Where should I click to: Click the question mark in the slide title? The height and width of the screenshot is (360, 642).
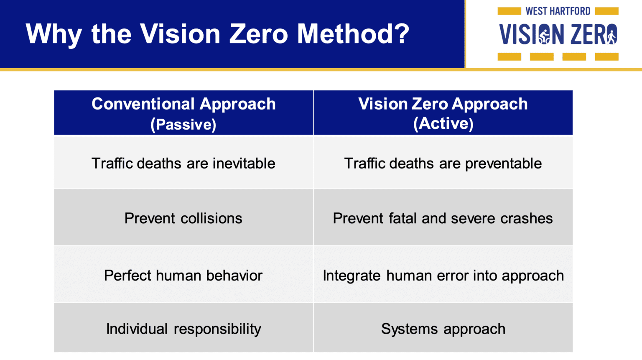[401, 33]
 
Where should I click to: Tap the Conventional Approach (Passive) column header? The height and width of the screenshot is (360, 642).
[183, 113]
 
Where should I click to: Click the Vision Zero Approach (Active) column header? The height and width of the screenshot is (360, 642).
[443, 113]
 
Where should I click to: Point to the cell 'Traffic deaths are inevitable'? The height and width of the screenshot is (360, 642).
[183, 163]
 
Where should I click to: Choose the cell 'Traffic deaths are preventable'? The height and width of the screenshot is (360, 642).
[443, 163]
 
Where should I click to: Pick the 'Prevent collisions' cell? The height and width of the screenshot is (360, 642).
[183, 218]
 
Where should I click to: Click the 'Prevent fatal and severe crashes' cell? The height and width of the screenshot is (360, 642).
[443, 218]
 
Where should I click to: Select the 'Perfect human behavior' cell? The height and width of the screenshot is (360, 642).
[183, 276]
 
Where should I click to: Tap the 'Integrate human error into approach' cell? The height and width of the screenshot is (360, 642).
[443, 276]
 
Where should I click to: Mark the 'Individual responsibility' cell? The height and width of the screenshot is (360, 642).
[183, 329]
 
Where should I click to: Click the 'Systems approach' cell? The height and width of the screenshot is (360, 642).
[443, 329]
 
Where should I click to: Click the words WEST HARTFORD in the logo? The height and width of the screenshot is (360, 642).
[558, 11]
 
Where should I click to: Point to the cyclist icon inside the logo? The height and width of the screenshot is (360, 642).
[544, 35]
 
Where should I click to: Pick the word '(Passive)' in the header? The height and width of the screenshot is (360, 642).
[183, 124]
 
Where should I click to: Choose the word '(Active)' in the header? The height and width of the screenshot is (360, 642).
[443, 123]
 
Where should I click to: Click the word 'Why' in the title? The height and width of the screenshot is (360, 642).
[53, 33]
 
